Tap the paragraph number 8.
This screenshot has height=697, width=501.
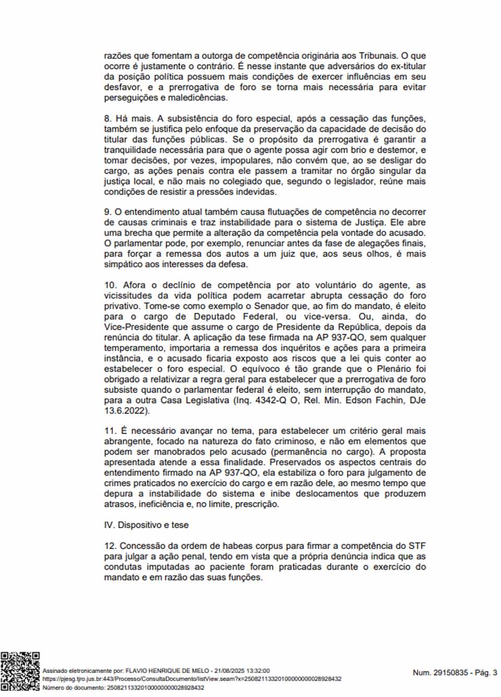(x=108, y=118)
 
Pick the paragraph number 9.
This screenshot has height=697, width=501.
(x=108, y=212)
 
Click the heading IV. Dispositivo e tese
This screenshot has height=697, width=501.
(x=146, y=525)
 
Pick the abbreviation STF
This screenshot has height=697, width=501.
(x=417, y=546)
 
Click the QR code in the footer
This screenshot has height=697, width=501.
(x=20, y=671)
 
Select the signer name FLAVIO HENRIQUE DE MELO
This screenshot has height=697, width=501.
(x=168, y=671)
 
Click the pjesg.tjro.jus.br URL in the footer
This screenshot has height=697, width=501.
(x=192, y=679)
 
